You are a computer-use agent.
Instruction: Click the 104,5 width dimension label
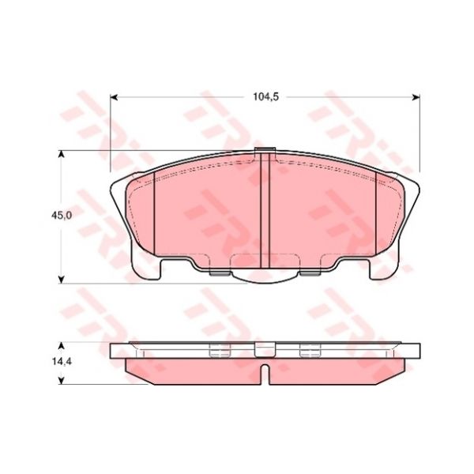(265, 96)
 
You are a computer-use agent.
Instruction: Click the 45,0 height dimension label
(62, 215)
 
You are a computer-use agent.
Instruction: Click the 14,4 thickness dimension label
(62, 362)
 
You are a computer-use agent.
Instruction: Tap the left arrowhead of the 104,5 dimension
(113, 97)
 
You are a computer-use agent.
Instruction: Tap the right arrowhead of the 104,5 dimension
(416, 97)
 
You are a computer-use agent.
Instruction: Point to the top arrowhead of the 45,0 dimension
(62, 155)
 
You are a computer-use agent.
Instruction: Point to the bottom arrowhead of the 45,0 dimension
(62, 280)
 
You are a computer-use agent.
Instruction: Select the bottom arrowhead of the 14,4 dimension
(62, 381)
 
